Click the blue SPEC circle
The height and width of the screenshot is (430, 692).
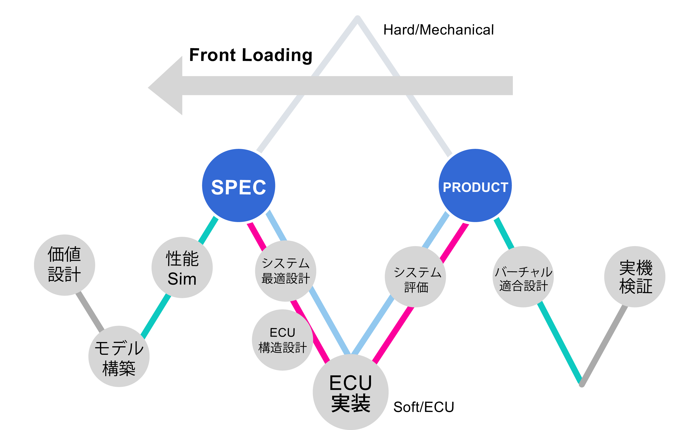click(x=239, y=185)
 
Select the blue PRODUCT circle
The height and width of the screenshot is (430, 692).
click(x=475, y=185)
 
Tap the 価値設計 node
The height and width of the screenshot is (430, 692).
click(x=64, y=265)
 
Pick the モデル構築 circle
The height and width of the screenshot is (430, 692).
click(x=119, y=356)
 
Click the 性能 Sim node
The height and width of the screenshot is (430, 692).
click(x=182, y=267)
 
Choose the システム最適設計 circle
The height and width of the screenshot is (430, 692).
click(x=285, y=271)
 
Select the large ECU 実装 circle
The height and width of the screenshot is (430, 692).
click(x=350, y=392)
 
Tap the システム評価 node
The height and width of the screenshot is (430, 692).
click(x=415, y=276)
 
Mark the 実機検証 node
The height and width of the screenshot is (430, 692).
click(x=635, y=276)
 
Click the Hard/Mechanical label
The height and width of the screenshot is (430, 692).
click(x=438, y=30)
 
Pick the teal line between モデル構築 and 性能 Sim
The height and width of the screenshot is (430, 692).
click(x=156, y=316)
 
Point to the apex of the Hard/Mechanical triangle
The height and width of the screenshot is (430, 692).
click(x=358, y=18)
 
